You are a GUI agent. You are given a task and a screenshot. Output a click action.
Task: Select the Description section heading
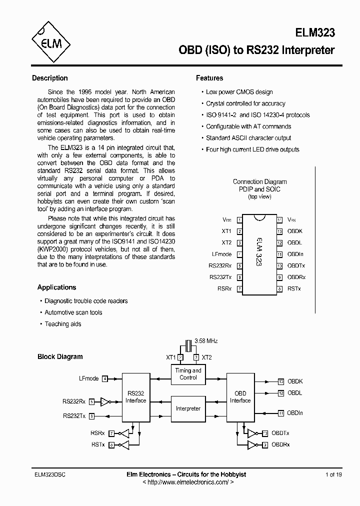49,78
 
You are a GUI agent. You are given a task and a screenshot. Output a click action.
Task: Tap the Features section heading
209,78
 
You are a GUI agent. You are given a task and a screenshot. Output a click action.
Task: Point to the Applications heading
56,287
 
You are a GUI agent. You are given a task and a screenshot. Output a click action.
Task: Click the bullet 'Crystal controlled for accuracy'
245,103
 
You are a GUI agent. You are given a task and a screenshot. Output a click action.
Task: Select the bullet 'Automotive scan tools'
73,312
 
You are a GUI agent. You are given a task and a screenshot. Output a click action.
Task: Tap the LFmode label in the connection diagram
221,254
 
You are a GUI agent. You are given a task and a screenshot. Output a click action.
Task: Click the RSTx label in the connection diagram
294,288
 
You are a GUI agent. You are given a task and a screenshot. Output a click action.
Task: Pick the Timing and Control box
188,374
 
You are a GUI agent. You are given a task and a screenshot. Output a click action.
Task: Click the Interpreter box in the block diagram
188,408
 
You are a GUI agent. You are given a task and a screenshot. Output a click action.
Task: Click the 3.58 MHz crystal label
206,340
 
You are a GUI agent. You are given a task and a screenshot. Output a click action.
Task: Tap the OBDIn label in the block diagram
295,413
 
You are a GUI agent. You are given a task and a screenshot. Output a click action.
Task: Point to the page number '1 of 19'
333,474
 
